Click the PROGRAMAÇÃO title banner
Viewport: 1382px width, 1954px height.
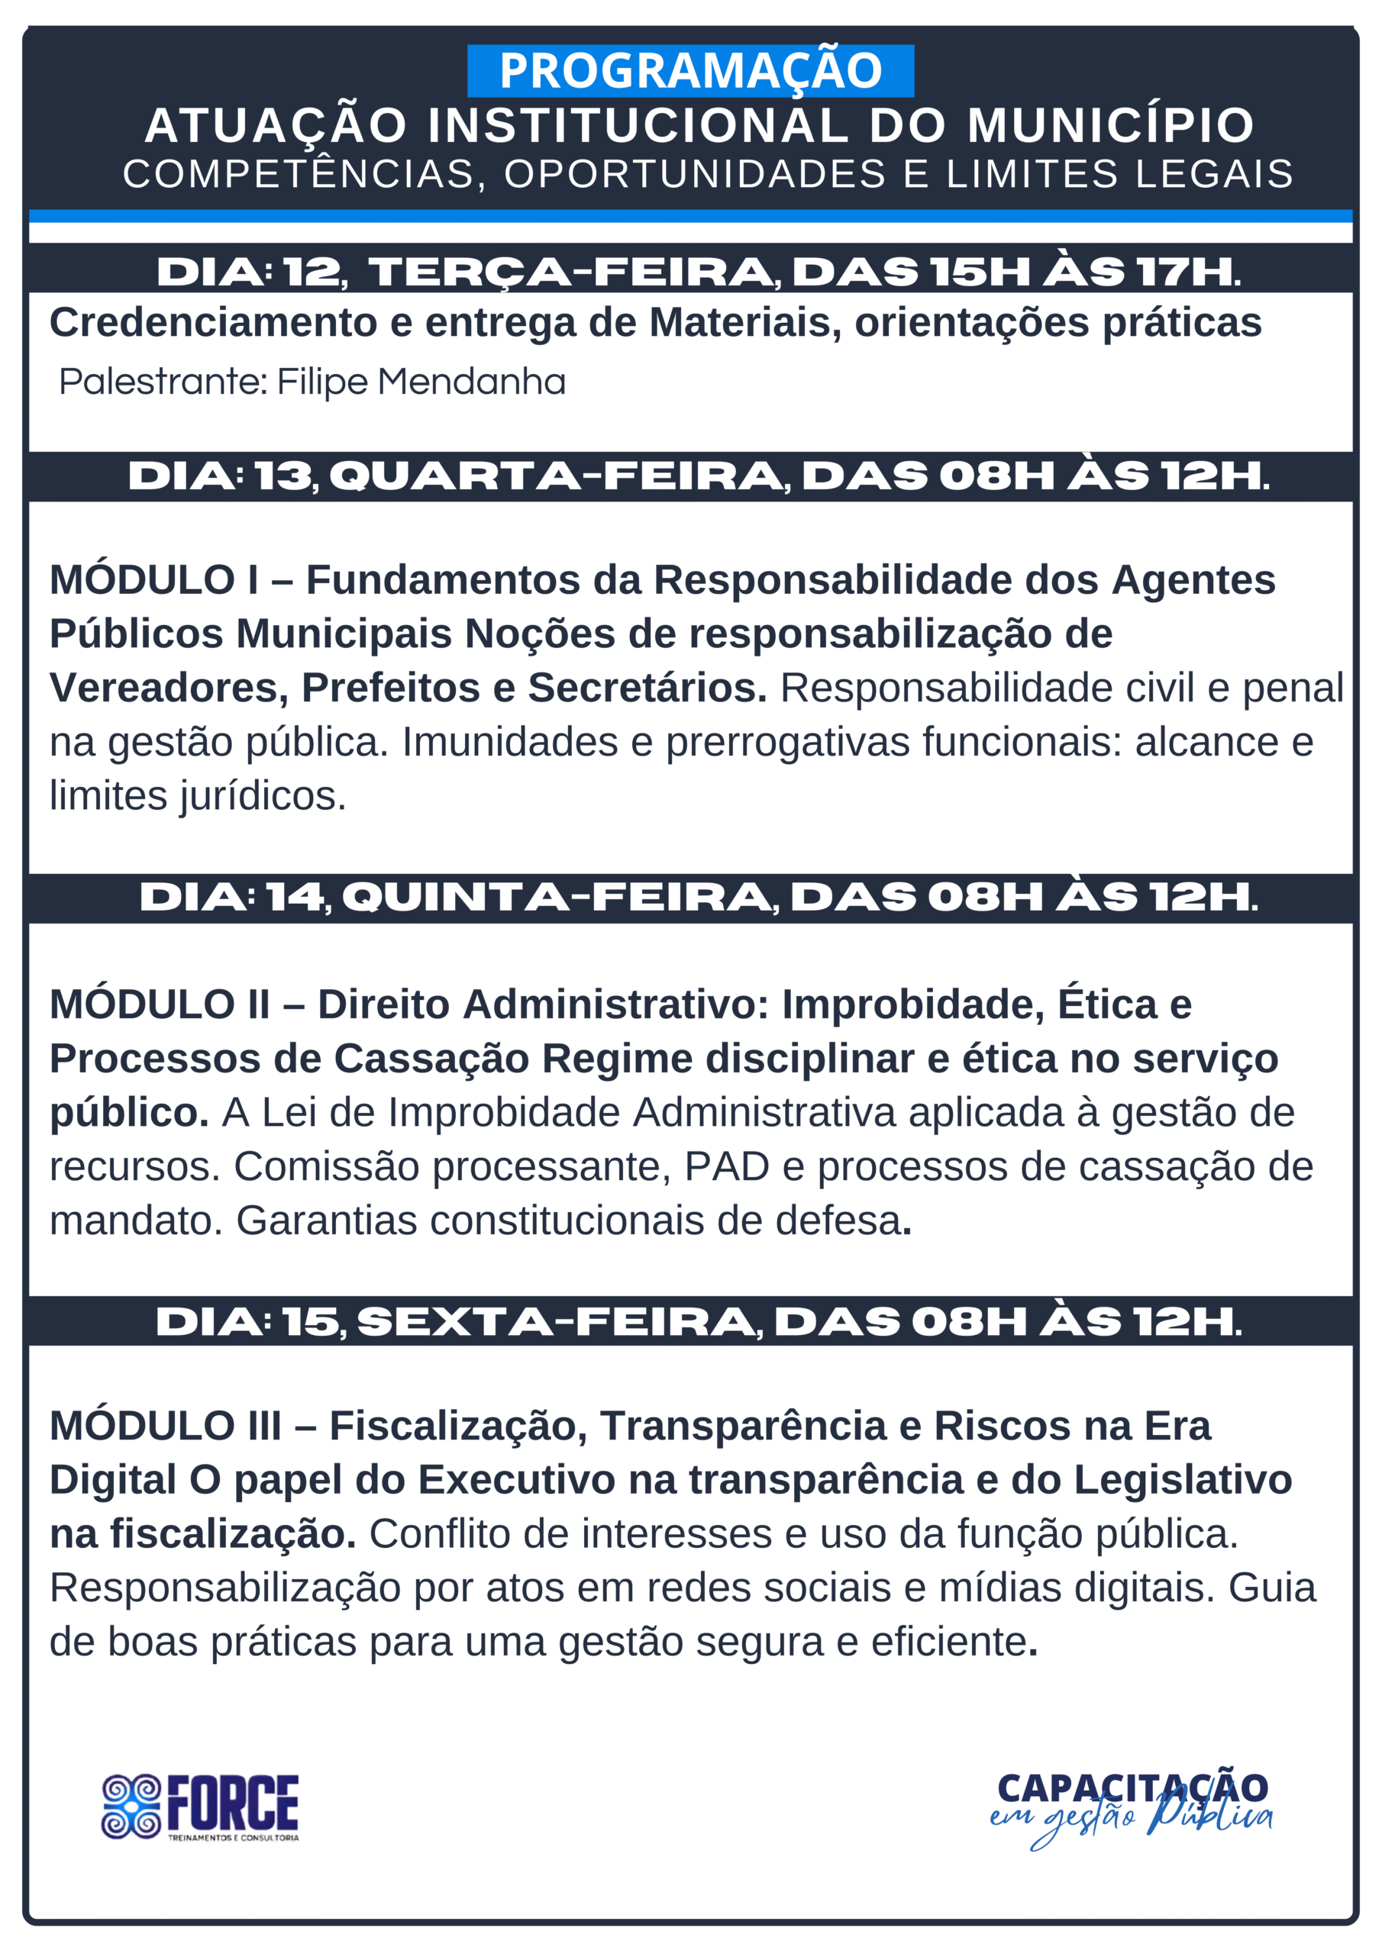coord(689,71)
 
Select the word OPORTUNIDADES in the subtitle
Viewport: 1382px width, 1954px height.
coord(695,175)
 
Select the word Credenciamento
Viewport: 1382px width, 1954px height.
coord(213,324)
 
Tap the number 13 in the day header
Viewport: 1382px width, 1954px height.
coord(283,476)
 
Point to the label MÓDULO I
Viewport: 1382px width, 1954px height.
coord(154,580)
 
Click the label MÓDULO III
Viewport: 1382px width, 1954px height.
coord(165,1427)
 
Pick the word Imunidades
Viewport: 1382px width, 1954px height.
coord(509,742)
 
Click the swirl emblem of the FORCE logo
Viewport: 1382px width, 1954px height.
coord(131,1807)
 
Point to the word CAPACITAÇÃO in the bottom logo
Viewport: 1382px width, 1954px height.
coord(1132,1788)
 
